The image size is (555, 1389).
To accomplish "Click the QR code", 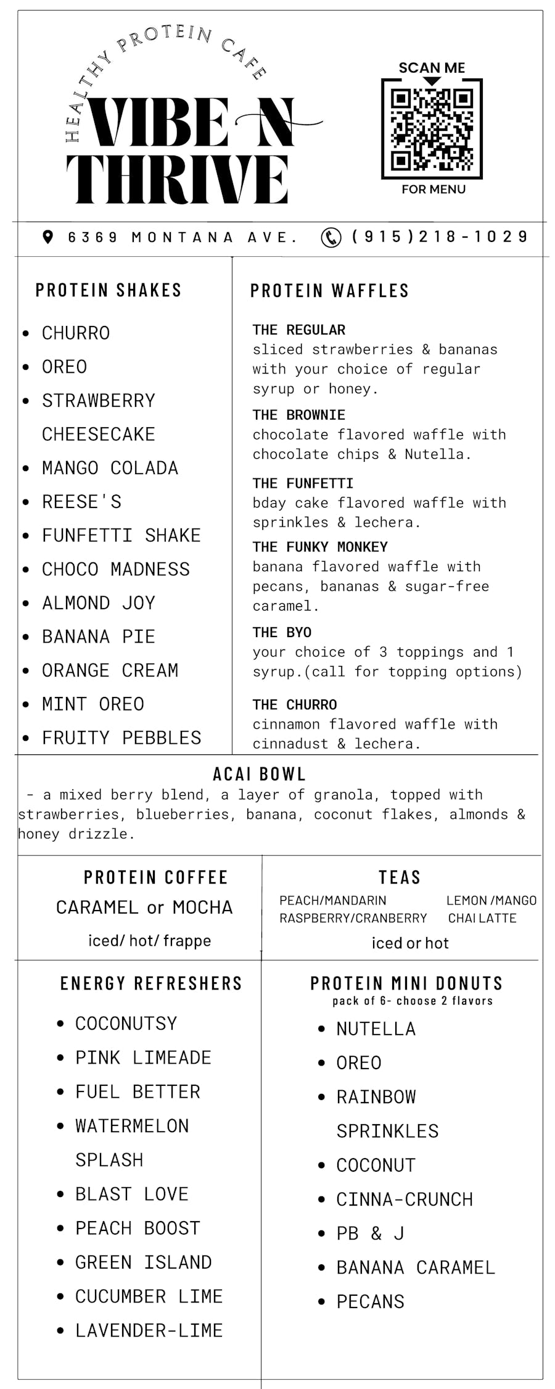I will [x=432, y=130].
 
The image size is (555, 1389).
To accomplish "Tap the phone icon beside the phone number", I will [x=331, y=237].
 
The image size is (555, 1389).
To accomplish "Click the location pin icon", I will [x=48, y=237].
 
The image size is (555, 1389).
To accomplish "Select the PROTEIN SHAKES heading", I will [x=109, y=290].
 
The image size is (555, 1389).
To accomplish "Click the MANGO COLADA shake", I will [x=110, y=468].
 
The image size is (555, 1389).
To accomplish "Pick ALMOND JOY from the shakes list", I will [x=99, y=603].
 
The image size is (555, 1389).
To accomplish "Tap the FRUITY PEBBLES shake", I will [x=121, y=738].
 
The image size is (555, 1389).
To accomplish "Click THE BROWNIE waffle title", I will [x=298, y=415].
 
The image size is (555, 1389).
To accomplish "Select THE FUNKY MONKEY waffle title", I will [x=320, y=547].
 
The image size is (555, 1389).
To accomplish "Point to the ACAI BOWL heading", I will [x=259, y=774].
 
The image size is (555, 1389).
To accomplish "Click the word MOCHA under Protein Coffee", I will [x=202, y=907].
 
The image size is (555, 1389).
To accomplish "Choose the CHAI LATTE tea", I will [x=482, y=918].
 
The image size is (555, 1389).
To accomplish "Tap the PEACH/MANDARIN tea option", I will [x=333, y=901].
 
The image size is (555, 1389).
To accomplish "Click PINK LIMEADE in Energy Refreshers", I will [x=143, y=1057].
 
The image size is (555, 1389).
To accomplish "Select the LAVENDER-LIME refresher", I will [x=149, y=1330].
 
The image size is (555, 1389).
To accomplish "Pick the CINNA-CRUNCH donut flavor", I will [x=404, y=1199].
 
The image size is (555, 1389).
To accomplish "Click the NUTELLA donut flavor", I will [x=376, y=1029].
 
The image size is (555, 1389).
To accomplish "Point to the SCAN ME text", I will [x=432, y=68].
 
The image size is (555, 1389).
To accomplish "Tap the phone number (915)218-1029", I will [x=440, y=237].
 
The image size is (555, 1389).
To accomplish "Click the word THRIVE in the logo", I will [x=178, y=179].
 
